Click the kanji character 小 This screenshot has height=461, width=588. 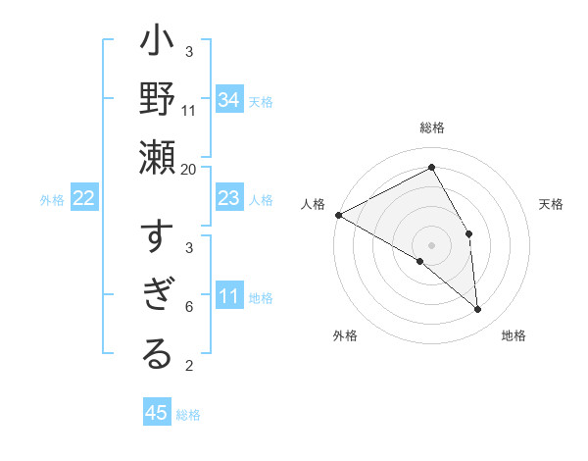click(x=157, y=45)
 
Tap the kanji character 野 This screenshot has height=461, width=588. click(x=157, y=101)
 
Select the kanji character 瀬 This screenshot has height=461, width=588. click(x=157, y=156)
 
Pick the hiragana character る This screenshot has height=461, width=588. click(x=157, y=354)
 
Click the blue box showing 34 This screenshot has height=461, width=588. click(x=228, y=99)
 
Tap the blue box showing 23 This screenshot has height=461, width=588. click(x=228, y=199)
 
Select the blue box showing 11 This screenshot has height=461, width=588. click(x=228, y=297)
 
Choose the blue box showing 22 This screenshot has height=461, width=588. click(x=84, y=199)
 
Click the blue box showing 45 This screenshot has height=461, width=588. click(x=157, y=413)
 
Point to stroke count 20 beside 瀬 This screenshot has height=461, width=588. click(x=189, y=169)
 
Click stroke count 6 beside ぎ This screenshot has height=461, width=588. click(x=189, y=307)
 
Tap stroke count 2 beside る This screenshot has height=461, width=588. click(x=189, y=367)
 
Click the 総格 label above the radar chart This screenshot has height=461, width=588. click(x=432, y=128)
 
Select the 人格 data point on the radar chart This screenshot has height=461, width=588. click(x=338, y=215)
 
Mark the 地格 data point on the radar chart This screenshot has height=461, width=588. click(x=477, y=310)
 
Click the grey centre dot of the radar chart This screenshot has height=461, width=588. click(x=432, y=244)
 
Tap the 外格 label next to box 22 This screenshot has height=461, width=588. click(x=52, y=200)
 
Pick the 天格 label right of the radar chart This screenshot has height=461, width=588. click(x=552, y=204)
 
